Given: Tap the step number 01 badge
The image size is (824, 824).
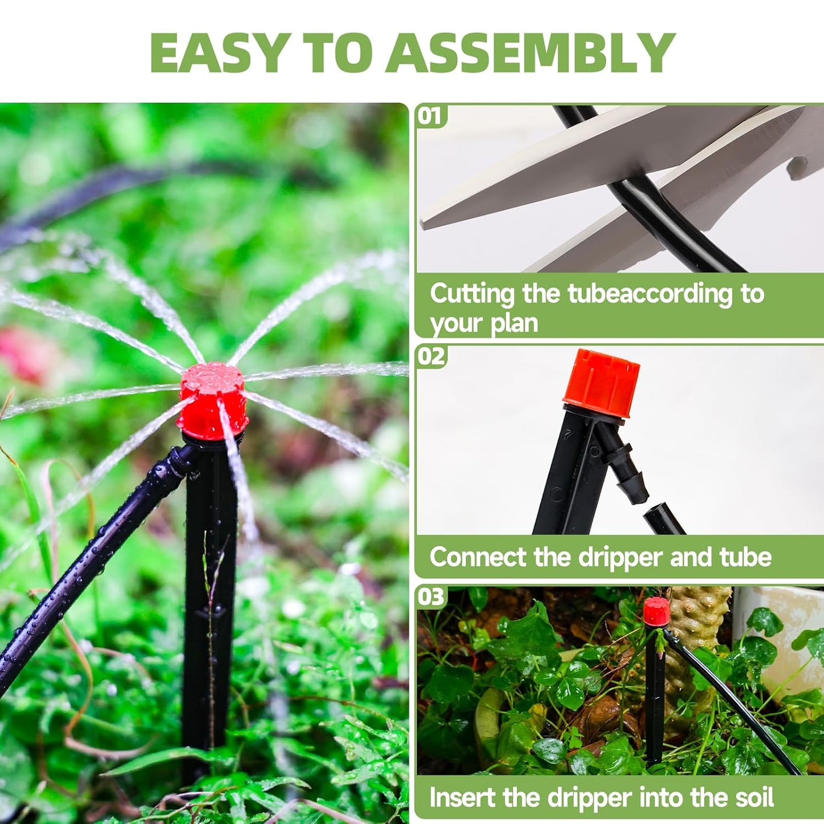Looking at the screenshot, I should (431, 116).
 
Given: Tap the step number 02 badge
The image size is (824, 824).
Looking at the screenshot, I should (431, 356).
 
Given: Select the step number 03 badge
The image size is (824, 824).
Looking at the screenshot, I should (431, 597).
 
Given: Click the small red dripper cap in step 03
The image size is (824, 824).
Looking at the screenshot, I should (656, 610).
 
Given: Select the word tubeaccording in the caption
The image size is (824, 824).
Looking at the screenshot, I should (650, 294).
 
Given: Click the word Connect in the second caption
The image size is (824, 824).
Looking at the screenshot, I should (477, 557).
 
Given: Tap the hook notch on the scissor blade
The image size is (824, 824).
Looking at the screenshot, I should (798, 168).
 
